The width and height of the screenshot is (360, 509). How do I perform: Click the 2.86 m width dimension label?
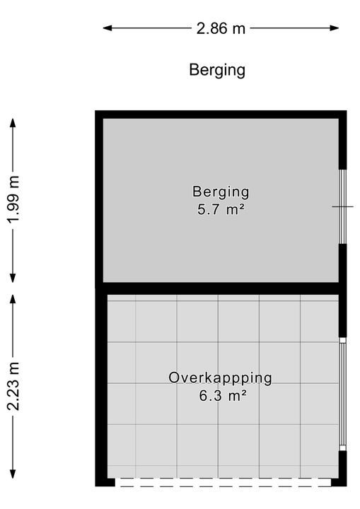[x=221, y=28]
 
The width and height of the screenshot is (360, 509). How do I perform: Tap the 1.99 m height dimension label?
[x=13, y=199]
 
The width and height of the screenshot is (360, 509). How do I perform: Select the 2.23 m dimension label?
[x=13, y=386]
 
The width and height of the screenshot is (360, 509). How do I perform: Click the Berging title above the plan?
[x=217, y=71]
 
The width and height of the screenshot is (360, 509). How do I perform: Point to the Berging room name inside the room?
[x=221, y=192]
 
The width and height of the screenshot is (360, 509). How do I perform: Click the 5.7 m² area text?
[x=221, y=209]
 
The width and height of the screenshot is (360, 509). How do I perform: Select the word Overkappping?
[x=220, y=378]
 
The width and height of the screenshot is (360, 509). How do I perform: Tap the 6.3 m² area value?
[x=222, y=396]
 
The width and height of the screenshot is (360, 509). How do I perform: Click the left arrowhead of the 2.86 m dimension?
[x=108, y=28]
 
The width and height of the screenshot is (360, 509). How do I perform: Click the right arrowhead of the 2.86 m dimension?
[x=335, y=28]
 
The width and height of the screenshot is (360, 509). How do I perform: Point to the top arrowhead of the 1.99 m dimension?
[x=13, y=122]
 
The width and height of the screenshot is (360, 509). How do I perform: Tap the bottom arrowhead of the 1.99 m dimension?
[x=13, y=279]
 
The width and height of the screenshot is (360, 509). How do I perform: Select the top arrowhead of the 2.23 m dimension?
[x=13, y=298]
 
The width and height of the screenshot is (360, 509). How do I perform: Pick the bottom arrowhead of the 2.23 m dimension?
[x=13, y=474]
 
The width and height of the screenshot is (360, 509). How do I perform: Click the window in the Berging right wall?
[x=342, y=206]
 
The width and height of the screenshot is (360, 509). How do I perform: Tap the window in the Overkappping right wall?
[x=342, y=394]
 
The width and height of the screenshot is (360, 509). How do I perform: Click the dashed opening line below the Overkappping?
[x=223, y=482]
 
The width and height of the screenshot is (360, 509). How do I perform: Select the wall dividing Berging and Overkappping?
[x=221, y=288]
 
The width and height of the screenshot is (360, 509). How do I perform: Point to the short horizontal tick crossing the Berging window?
[x=342, y=206]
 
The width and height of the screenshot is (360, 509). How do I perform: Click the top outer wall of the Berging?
[x=221, y=115]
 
